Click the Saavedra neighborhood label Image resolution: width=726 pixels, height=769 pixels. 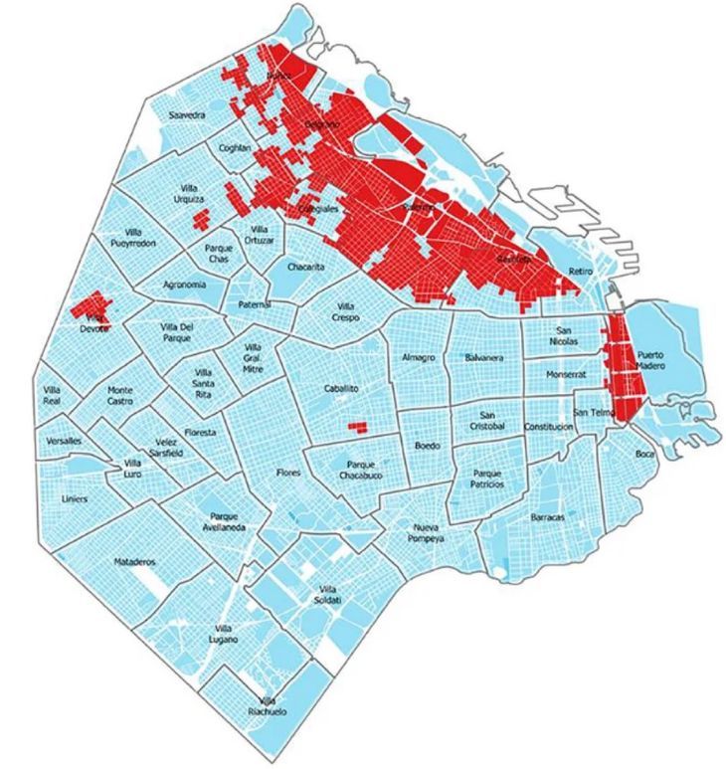pyautogui.click(x=187, y=115)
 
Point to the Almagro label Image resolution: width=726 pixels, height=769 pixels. pyautogui.click(x=420, y=357)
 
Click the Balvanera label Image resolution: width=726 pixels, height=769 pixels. pyautogui.click(x=484, y=357)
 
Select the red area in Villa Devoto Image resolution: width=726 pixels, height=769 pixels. pyautogui.click(x=92, y=307)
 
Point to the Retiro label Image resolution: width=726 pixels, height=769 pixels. pyautogui.click(x=580, y=272)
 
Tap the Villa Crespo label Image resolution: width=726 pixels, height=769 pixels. pyautogui.click(x=346, y=312)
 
